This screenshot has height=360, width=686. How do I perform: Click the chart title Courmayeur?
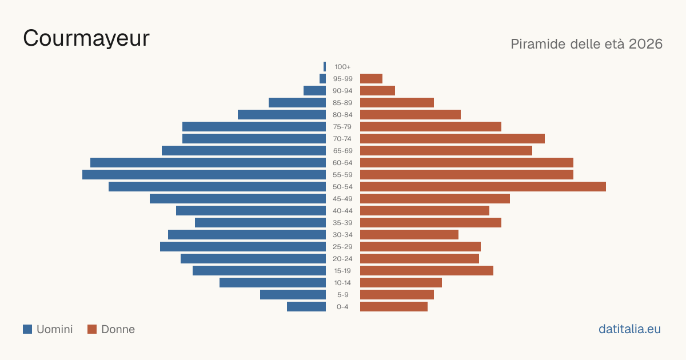(x=86, y=38)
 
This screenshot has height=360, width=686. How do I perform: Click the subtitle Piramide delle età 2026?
(x=587, y=44)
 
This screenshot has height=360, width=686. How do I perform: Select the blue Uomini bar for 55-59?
(x=204, y=174)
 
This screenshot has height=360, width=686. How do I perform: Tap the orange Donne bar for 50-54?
(x=483, y=186)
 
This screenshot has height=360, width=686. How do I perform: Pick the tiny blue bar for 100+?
(x=325, y=66)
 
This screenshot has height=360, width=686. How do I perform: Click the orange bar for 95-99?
(x=371, y=78)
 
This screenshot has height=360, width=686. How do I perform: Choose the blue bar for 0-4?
(x=306, y=306)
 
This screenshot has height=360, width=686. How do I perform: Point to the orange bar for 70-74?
(x=452, y=138)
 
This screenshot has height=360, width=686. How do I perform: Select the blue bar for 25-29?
(x=243, y=246)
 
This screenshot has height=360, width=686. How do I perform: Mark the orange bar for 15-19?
(x=426, y=270)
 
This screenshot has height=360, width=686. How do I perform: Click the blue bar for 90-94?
(x=314, y=90)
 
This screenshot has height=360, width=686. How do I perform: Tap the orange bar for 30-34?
(x=409, y=234)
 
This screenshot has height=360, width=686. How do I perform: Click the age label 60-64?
(x=342, y=162)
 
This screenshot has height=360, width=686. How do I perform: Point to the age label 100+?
(x=342, y=67)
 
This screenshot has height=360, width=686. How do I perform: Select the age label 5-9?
(x=342, y=294)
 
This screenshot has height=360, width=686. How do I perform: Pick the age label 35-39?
(x=342, y=222)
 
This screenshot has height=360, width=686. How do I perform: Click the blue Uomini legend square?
(x=27, y=329)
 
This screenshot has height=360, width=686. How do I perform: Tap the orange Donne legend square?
(x=92, y=329)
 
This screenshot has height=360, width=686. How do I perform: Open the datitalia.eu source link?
(x=629, y=329)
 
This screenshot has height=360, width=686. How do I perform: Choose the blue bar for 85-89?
(x=297, y=102)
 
